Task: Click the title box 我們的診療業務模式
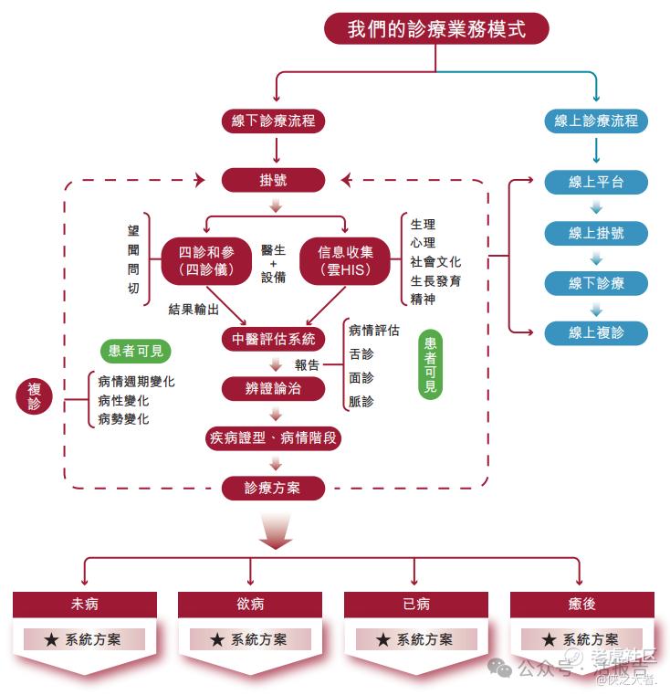tap(436, 28)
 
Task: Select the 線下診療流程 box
tap(273, 121)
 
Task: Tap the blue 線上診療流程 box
tap(596, 121)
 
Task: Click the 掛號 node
tap(273, 180)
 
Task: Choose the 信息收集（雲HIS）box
tap(345, 260)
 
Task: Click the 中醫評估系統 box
tap(273, 340)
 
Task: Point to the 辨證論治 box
tap(273, 388)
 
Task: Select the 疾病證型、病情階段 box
tap(273, 437)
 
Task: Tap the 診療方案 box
tap(273, 488)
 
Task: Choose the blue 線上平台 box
tap(596, 182)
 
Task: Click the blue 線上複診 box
tap(596, 332)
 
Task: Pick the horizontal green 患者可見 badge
tap(136, 351)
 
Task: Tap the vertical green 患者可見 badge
tap(430, 365)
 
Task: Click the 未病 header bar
tap(85, 605)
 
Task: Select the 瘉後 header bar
tap(581, 605)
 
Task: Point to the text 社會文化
tap(435, 262)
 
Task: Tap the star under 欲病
tap(216, 640)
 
